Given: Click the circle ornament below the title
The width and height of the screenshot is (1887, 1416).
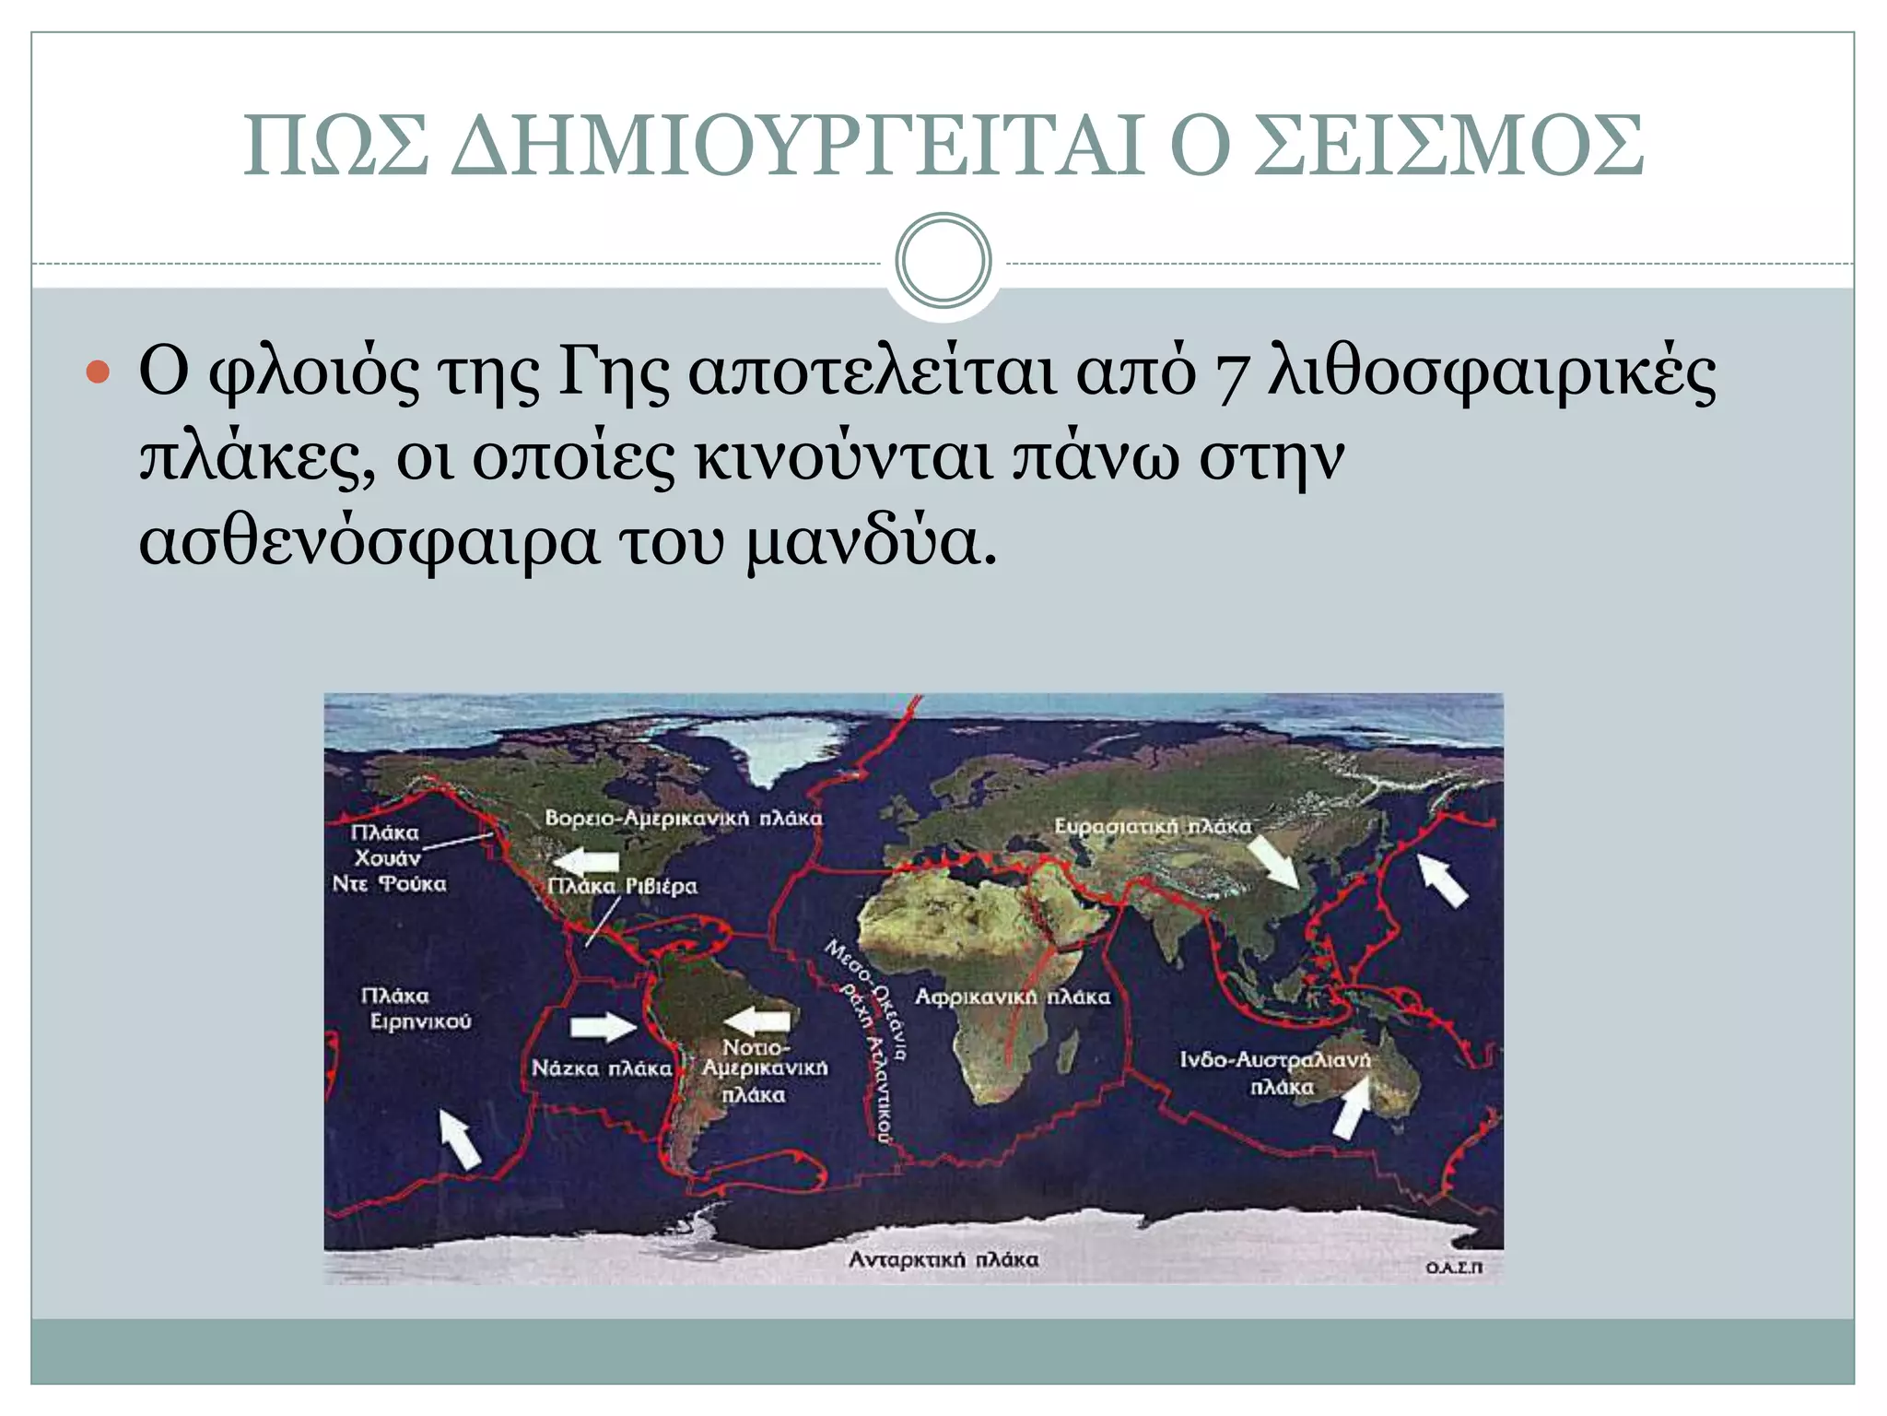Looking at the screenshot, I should click(943, 261).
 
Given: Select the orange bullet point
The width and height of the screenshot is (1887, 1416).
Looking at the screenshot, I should click(97, 372).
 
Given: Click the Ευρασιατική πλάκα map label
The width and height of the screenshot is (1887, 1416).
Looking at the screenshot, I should click(1153, 826).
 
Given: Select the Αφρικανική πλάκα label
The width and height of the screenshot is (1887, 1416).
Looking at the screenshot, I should click(1012, 997).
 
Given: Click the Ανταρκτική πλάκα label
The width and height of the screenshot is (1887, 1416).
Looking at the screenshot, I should click(943, 1259).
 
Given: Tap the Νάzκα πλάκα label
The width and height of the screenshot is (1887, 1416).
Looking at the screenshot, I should click(602, 1068).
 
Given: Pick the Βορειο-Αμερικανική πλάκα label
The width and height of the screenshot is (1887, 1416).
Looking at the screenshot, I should click(683, 818).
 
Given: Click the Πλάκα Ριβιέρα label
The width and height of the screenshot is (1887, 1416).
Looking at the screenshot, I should click(623, 886).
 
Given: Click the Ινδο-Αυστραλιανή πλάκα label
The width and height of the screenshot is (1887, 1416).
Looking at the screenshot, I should click(1276, 1073).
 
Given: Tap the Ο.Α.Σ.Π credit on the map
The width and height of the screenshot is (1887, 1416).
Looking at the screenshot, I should click(1454, 1268).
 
